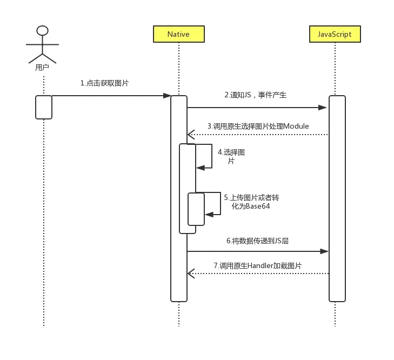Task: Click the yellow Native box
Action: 178,34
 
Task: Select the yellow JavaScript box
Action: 334,34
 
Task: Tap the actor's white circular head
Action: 42,30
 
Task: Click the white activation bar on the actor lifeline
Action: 44,107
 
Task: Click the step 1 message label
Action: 104,83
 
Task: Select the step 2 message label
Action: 257,96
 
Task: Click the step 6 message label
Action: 257,241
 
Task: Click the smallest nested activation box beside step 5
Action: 196,209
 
